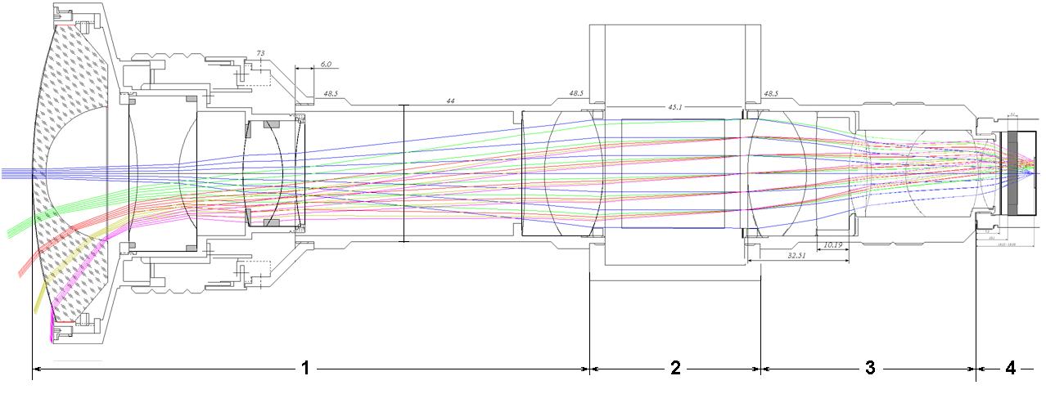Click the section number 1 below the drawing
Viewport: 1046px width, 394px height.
tap(305, 369)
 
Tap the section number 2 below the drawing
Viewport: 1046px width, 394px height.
tap(675, 369)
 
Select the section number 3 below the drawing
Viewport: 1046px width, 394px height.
tap(870, 369)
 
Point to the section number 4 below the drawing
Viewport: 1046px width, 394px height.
tap(1011, 369)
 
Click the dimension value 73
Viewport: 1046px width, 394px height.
tap(260, 54)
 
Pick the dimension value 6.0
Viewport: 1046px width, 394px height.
tap(325, 64)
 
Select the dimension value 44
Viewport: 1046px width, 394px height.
tap(450, 100)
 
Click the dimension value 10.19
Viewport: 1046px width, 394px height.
tap(832, 244)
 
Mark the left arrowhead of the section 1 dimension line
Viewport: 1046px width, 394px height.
tap(35, 369)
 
